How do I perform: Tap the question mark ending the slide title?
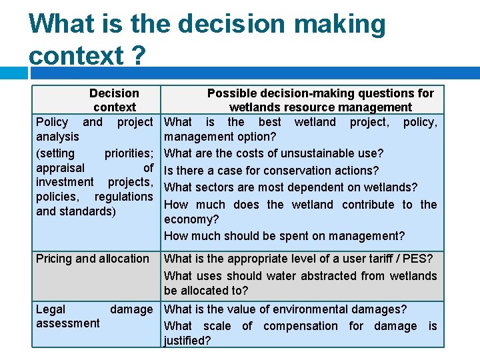coord(137,56)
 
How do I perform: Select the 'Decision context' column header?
coord(114,100)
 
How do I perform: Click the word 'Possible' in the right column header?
coord(230,93)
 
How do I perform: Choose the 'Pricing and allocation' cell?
coord(93,259)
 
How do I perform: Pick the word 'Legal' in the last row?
coord(51,309)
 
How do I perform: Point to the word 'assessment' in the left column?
coord(67,323)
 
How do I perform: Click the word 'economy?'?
coord(191,219)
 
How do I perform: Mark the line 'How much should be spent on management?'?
coord(284,236)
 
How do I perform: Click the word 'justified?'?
coord(187,341)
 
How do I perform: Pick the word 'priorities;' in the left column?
coord(129,153)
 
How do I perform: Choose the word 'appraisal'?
coord(60,168)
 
